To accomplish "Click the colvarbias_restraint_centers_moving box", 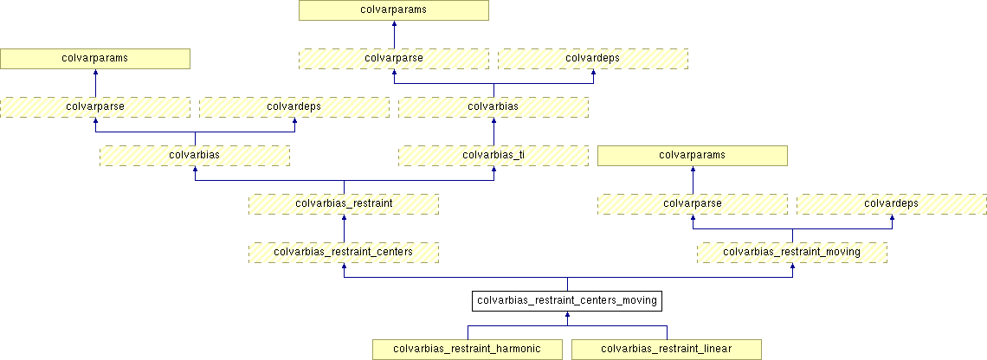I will pyautogui.click(x=567, y=301).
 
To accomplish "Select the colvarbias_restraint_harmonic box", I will pyautogui.click(x=468, y=350).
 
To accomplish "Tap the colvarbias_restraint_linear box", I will pyautogui.click(x=667, y=350).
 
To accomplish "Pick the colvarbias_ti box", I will pyautogui.click(x=493, y=156).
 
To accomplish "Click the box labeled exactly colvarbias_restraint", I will pyautogui.click(x=344, y=204).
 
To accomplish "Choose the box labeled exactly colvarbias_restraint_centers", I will pyautogui.click(x=344, y=253).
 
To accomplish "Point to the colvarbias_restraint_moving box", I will pyautogui.click(x=792, y=253).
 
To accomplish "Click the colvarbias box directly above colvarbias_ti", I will pyautogui.click(x=493, y=107).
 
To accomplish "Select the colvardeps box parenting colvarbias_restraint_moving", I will pyautogui.click(x=892, y=204).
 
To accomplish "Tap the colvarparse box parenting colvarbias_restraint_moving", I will pyautogui.click(x=693, y=204).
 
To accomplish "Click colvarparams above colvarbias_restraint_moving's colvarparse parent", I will pyautogui.click(x=693, y=156).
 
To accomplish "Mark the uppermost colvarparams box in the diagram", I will pyautogui.click(x=394, y=10).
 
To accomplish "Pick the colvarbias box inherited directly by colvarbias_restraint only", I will pyautogui.click(x=195, y=156).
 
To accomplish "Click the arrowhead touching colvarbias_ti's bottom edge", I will pyautogui.click(x=493, y=170).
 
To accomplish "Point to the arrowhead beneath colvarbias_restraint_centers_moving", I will pyautogui.click(x=567, y=316).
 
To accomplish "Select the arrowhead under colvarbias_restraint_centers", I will pyautogui.click(x=344, y=267).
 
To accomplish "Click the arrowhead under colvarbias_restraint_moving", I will pyautogui.click(x=792, y=267).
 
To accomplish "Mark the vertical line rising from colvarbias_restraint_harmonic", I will pyautogui.click(x=468, y=332).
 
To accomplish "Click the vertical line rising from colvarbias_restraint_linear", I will pyautogui.click(x=667, y=332).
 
